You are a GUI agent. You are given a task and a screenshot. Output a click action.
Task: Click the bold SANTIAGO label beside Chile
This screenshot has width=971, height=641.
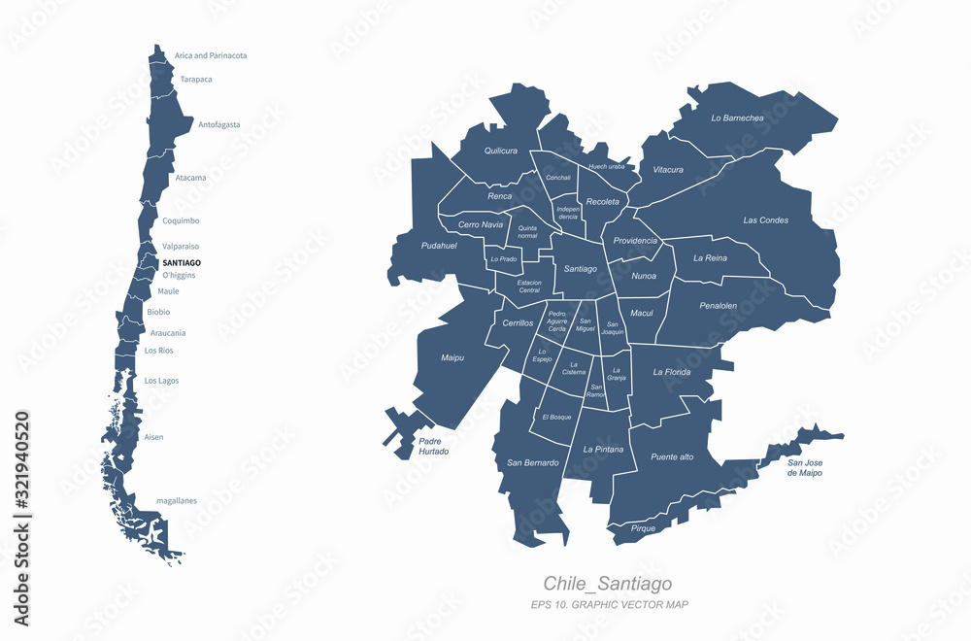[x=182, y=263]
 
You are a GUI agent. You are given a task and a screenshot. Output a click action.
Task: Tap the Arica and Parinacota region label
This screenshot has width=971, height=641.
[x=211, y=55]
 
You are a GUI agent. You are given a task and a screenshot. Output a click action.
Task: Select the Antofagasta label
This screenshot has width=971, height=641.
[x=218, y=124]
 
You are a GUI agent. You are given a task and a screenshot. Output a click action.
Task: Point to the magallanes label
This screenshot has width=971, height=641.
[x=177, y=501]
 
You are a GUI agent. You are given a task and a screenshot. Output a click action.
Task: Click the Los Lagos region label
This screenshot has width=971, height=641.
[x=161, y=381]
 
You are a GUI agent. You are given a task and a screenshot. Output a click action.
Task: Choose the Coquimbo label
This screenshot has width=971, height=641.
[x=181, y=220]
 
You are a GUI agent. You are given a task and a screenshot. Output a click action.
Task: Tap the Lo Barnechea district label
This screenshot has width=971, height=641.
[x=737, y=118]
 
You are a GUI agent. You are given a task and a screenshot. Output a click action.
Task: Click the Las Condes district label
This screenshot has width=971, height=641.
[x=765, y=220]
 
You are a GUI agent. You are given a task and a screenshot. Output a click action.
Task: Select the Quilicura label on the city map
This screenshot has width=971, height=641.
[x=500, y=151]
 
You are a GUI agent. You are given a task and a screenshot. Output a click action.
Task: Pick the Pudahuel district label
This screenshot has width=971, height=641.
[x=439, y=246]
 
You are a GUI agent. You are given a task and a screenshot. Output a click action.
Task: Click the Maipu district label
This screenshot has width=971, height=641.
[x=452, y=357]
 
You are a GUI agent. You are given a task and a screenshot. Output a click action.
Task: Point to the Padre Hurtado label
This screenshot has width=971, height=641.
[x=433, y=446]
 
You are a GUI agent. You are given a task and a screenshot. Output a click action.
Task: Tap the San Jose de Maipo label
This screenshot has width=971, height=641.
[x=804, y=467]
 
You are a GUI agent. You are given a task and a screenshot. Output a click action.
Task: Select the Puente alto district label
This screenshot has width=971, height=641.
[x=672, y=456]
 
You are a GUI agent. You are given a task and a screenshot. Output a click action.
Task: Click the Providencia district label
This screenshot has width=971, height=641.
[x=635, y=241]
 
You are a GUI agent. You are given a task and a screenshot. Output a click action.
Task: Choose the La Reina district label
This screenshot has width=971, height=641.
[x=710, y=258]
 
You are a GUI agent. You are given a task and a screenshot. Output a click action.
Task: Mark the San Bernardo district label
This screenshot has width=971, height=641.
[x=533, y=462]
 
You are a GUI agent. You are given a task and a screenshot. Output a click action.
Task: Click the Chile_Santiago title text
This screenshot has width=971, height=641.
[x=607, y=584]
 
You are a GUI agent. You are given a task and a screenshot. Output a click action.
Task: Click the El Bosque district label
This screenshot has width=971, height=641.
[x=557, y=417]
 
